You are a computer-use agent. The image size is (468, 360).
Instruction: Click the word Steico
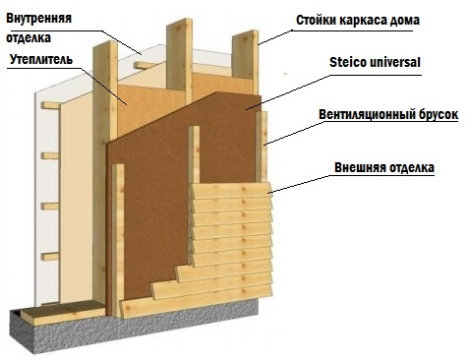tap(350, 64)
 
